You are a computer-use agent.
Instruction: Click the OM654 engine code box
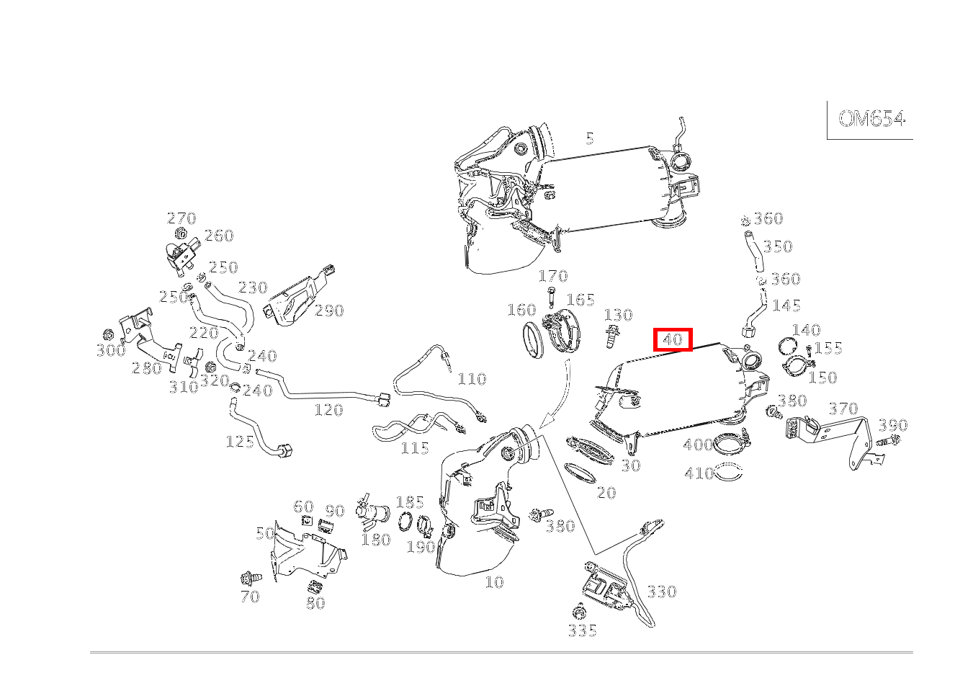coord(871,119)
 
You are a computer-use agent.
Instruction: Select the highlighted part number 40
coord(673,339)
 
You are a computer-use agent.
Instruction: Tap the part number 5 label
coord(590,138)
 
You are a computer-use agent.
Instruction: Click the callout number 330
coord(661,592)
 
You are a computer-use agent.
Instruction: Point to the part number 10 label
coord(494,582)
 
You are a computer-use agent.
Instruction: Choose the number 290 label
coord(329,311)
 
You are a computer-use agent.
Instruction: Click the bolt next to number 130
coord(612,335)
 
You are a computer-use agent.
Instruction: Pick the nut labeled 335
coord(578,612)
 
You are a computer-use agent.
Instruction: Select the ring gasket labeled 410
coord(729,473)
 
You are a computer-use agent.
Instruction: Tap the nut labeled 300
coord(109,334)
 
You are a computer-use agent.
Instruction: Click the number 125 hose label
coord(240,441)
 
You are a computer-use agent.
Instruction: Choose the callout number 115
coord(415,448)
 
